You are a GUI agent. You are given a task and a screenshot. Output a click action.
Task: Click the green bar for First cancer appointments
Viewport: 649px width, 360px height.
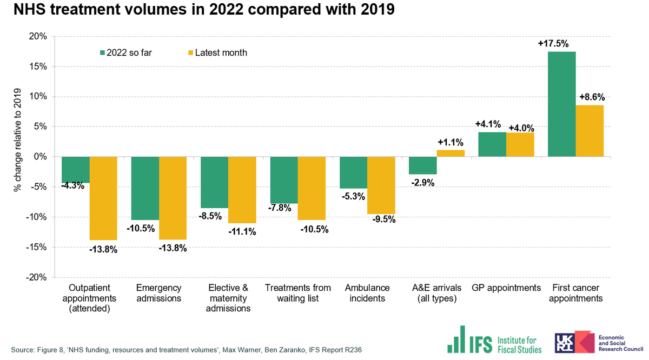(561, 104)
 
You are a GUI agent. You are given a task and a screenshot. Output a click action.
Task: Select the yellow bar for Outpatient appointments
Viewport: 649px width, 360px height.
(103, 198)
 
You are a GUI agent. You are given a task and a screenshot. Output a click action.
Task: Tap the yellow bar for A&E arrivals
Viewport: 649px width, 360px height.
(451, 153)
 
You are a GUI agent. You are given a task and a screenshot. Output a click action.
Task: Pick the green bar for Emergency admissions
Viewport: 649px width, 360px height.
(145, 188)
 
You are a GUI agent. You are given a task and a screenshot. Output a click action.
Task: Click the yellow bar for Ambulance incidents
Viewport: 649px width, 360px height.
(381, 185)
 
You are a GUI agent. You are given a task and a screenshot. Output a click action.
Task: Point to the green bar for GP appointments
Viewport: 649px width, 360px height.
(492, 144)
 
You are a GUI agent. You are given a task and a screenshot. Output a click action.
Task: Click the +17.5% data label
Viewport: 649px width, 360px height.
(553, 44)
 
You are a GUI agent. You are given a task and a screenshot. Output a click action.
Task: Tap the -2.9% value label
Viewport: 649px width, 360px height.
(422, 183)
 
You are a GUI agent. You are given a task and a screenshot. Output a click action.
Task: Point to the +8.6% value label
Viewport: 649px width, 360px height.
(592, 98)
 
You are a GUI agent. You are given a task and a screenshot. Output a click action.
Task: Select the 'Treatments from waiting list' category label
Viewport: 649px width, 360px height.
(298, 292)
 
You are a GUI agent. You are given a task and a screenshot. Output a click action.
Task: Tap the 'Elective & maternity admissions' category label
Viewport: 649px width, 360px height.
(228, 298)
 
